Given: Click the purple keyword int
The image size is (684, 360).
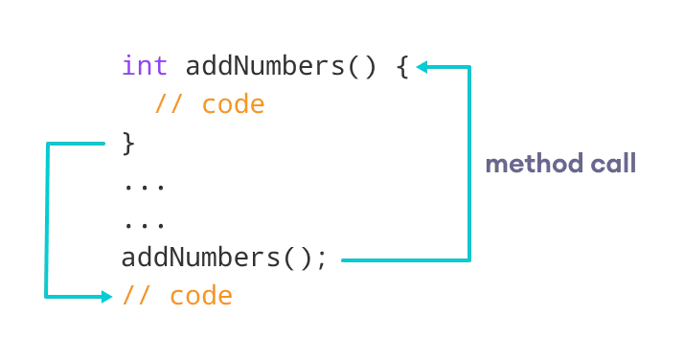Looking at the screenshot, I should pyautogui.click(x=145, y=67).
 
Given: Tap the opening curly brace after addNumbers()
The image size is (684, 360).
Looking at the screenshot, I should pyautogui.click(x=402, y=68).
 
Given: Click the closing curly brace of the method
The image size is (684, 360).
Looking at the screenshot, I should pyautogui.click(x=129, y=145).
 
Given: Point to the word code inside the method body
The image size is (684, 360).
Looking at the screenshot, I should pyautogui.click(x=233, y=104).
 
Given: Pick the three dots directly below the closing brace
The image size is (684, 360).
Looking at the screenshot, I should pyautogui.click(x=144, y=185).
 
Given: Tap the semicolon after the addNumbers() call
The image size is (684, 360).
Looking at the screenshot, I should pyautogui.click(x=322, y=259).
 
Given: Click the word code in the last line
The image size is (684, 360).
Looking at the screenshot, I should pyautogui.click(x=201, y=296).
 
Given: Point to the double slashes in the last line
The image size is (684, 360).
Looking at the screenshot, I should pyautogui.click(x=137, y=296).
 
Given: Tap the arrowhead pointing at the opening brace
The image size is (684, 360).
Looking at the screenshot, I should pyautogui.click(x=422, y=67).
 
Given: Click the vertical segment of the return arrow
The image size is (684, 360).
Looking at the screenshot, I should pyautogui.click(x=46, y=220).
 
